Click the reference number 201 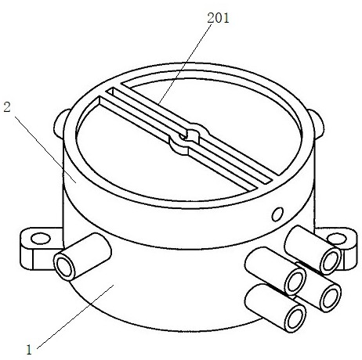coord(218,18)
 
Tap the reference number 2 coord(7,107)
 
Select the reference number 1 coord(29,350)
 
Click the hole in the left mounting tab coord(41,239)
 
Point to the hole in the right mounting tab coord(337,239)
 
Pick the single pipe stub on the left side coord(82,257)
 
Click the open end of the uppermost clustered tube coord(330,261)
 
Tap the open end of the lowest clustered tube coord(295,319)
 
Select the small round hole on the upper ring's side coord(277,214)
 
